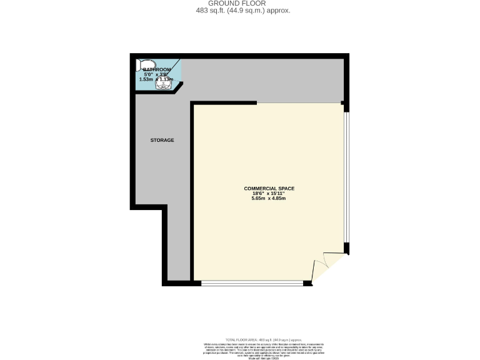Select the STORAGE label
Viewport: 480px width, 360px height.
pyautogui.click(x=162, y=140)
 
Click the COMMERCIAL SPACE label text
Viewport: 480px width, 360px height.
pyautogui.click(x=269, y=188)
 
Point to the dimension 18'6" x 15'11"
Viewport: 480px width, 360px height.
pyautogui.click(x=269, y=194)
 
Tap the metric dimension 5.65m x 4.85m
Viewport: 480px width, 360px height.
pyautogui.click(x=269, y=199)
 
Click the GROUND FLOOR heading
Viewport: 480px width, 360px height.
pyautogui.click(x=239, y=4)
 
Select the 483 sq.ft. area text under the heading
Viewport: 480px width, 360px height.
pyautogui.click(x=239, y=11)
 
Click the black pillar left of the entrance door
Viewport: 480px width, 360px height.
pyautogui.click(x=307, y=284)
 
